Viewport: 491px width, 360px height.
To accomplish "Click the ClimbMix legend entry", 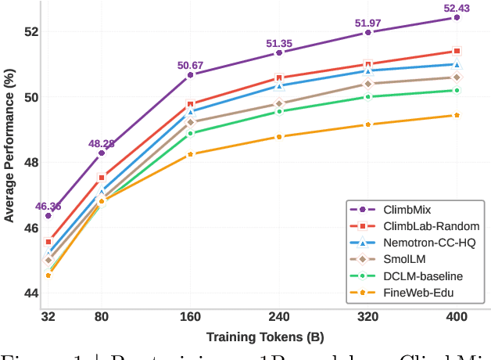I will click(x=407, y=210).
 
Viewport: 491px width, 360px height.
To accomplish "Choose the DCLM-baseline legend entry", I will click(x=422, y=275).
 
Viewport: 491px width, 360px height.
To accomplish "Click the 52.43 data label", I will click(x=457, y=8).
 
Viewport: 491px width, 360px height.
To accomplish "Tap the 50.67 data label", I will click(x=190, y=65).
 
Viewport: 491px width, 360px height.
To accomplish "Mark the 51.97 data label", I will click(x=368, y=23).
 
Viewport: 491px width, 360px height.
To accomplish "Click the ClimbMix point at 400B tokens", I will click(x=457, y=17).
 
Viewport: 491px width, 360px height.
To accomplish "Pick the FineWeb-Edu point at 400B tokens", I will click(x=457, y=115).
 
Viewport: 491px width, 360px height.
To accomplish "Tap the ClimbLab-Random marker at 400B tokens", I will click(x=457, y=51).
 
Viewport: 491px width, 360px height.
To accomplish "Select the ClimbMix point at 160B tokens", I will click(x=190, y=74).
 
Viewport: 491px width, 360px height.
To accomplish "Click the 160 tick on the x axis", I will click(x=190, y=318).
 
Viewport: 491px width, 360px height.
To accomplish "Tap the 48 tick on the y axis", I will click(x=27, y=163).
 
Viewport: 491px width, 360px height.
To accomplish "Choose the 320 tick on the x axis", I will click(x=368, y=318).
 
